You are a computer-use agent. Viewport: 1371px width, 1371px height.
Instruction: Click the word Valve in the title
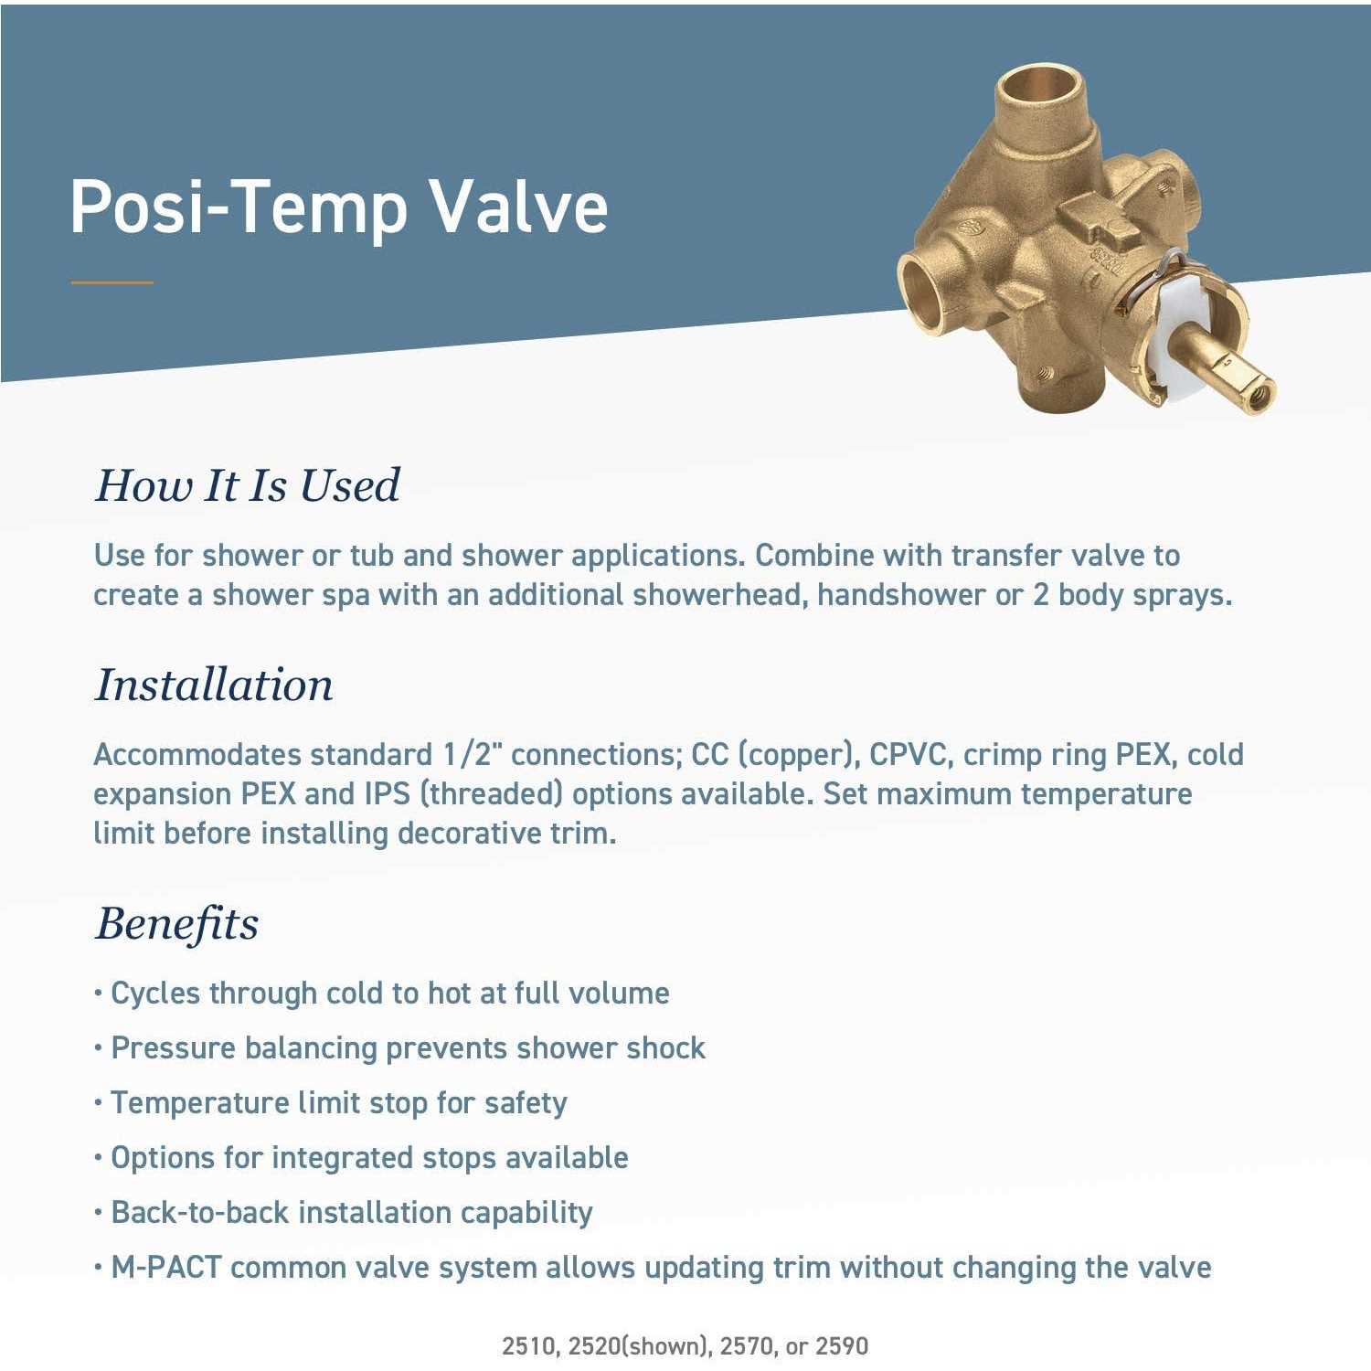pos(519,207)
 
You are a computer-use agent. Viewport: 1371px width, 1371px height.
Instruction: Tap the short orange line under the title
pos(112,282)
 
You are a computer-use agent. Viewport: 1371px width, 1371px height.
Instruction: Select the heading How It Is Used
pos(248,485)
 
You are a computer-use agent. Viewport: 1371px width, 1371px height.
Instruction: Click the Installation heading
pos(215,685)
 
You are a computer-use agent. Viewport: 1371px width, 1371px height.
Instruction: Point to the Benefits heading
pos(177,923)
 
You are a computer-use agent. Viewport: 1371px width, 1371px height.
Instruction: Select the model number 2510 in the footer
pos(527,1345)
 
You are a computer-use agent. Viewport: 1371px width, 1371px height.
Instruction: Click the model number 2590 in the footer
pos(842,1345)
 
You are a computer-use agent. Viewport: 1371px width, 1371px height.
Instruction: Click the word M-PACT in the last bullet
pos(166,1268)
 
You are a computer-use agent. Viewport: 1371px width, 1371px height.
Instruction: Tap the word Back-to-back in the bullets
pos(201,1213)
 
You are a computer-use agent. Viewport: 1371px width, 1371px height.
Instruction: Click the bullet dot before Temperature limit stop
pos(98,1103)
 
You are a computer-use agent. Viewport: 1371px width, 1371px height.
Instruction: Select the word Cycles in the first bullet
pos(154,994)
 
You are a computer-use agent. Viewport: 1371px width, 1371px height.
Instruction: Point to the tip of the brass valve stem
pos(1259,395)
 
